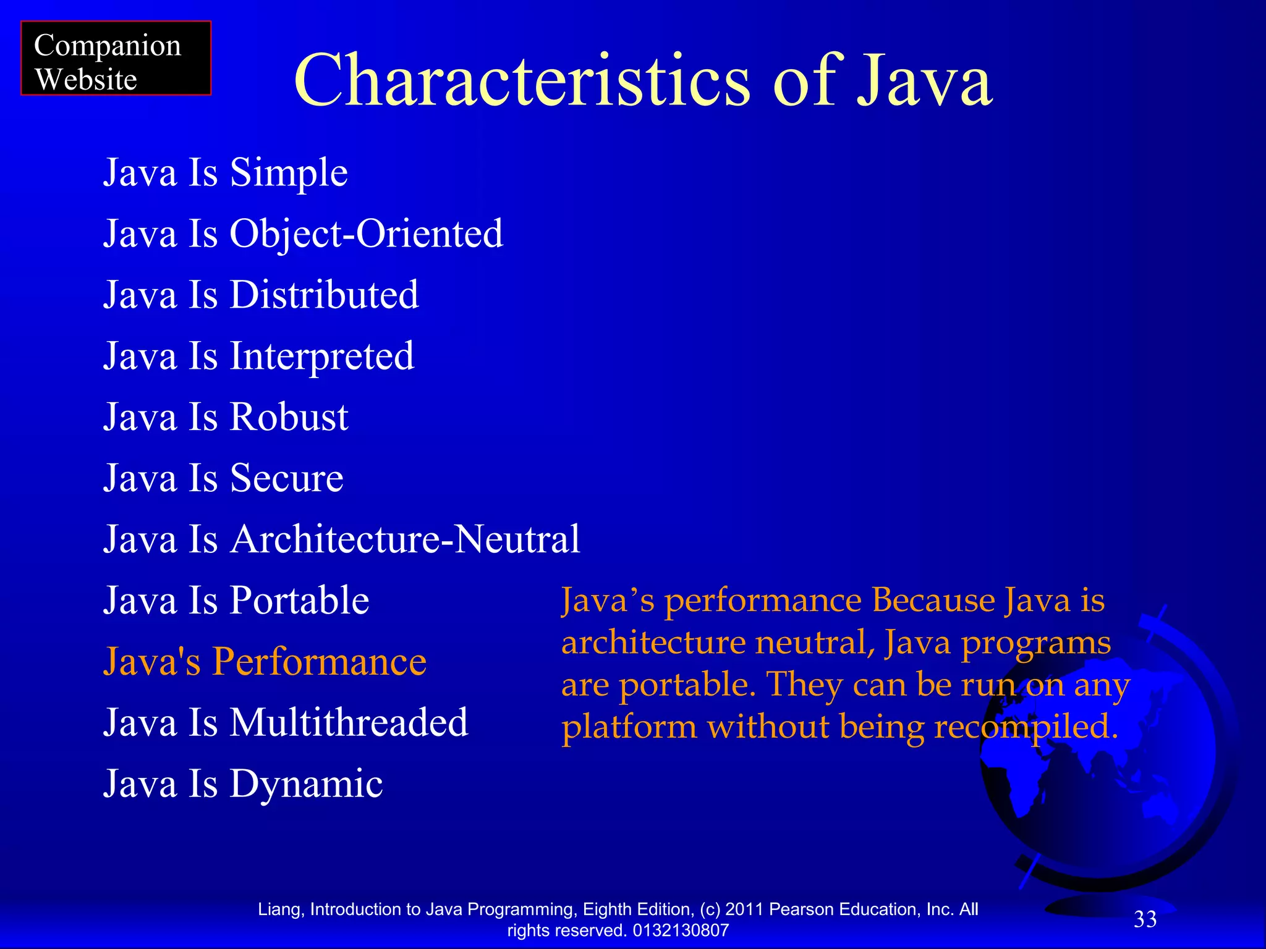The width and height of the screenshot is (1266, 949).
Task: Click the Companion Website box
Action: [116, 58]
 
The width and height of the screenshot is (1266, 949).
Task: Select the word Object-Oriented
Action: [367, 234]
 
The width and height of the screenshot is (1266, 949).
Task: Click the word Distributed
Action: [324, 295]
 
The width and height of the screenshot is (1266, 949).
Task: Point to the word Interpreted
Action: [321, 356]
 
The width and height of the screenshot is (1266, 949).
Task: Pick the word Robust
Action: [289, 417]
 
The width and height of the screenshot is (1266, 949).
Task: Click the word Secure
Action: [286, 478]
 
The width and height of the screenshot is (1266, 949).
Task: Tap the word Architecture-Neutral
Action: [405, 539]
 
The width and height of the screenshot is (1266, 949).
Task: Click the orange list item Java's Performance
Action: [265, 662]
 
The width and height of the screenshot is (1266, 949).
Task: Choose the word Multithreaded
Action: [349, 723]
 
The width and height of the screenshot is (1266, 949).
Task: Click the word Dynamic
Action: [306, 784]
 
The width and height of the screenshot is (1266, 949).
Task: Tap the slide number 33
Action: [1145, 919]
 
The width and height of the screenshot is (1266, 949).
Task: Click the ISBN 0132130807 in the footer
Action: [681, 930]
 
